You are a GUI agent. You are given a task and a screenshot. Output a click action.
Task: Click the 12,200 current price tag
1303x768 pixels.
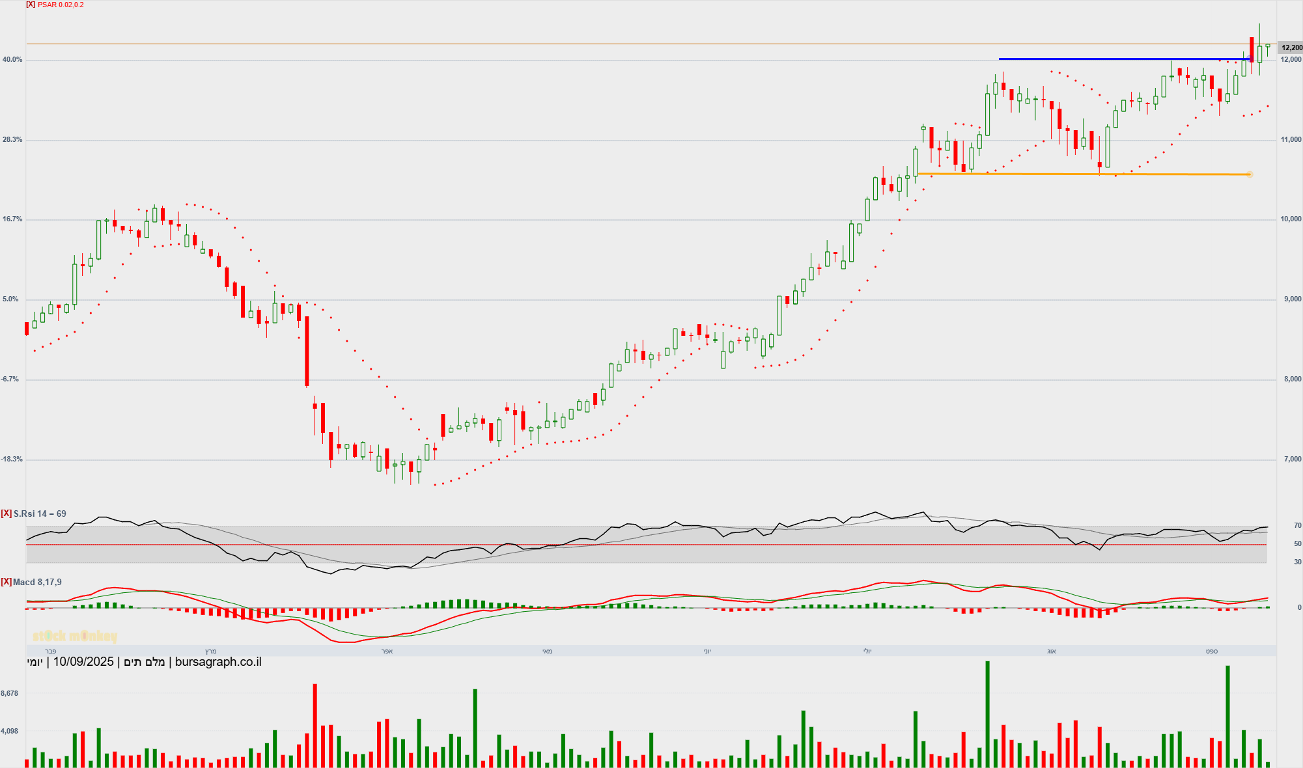(1291, 48)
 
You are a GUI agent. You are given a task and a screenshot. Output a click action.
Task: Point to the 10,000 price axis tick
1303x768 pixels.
(1291, 219)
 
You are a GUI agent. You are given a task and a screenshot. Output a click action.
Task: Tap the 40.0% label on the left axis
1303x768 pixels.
(12, 60)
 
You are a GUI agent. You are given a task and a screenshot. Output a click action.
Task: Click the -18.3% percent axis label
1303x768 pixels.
(12, 459)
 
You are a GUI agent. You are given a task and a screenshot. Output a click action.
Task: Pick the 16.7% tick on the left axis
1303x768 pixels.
(12, 219)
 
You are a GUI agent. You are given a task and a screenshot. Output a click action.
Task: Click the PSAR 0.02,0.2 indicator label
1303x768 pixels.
(61, 5)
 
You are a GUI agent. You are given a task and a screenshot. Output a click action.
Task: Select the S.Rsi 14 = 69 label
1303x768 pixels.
(40, 514)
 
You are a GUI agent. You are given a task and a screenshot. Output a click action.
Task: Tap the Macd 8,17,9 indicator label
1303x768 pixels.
(37, 582)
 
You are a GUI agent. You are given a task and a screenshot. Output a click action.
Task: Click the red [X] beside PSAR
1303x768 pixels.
(31, 5)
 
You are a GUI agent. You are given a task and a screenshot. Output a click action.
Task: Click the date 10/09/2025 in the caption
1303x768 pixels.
(83, 662)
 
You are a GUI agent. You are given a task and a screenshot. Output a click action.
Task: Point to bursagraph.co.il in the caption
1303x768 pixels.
(218, 662)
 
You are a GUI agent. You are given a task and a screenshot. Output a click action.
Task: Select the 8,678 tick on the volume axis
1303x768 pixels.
(10, 694)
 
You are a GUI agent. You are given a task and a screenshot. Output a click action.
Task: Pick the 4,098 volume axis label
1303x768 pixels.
(10, 732)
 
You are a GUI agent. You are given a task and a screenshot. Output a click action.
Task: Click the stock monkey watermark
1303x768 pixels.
(75, 636)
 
